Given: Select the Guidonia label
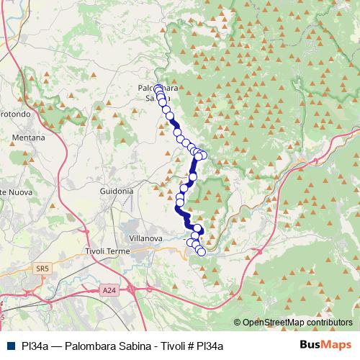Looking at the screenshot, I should [117, 192].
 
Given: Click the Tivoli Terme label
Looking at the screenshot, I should [107, 251].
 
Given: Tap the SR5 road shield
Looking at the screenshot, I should [42, 269].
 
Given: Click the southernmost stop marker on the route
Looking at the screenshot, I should [202, 252].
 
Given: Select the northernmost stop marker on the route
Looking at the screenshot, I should [158, 89].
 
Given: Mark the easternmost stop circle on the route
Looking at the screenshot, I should [203, 156].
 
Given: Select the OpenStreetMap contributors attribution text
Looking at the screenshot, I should [297, 322].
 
